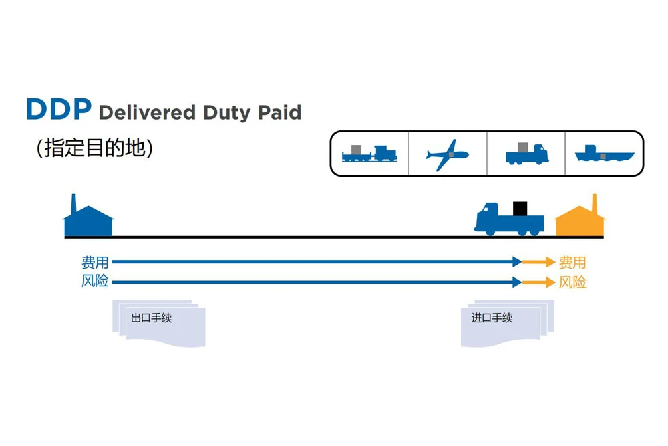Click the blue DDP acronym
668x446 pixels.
click(58, 110)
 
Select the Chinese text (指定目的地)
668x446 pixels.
click(95, 148)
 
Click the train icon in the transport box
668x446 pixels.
click(369, 154)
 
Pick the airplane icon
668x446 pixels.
click(447, 154)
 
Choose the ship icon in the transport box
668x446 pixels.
click(604, 154)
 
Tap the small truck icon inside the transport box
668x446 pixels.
click(526, 154)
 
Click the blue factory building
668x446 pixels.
click(88, 219)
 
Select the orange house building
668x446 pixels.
click(580, 219)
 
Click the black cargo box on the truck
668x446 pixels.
click(520, 208)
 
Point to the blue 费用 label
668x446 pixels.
click(95, 262)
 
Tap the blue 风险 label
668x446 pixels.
click(95, 282)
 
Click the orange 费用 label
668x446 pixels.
click(572, 262)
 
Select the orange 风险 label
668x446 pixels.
click(572, 282)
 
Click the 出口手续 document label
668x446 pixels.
click(152, 318)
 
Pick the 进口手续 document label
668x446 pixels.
click(492, 318)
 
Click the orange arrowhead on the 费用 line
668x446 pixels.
click(550, 262)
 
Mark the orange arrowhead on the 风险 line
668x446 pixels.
click(550, 282)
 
